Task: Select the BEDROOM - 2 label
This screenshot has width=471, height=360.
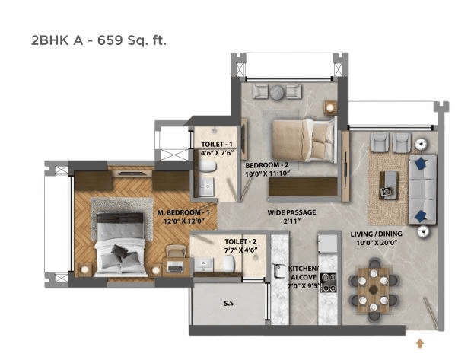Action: pos(266,164)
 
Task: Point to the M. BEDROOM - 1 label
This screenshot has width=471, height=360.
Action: pos(183,212)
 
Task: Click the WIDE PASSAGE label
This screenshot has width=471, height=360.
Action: pos(291,212)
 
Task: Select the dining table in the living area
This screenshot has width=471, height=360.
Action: pos(374,283)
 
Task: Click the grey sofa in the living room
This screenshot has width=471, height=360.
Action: pos(421,187)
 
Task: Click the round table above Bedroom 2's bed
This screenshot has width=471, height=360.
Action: pos(278,91)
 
